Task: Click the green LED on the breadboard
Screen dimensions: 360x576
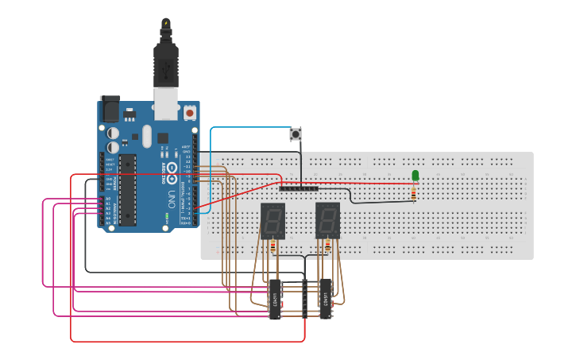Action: [415, 175]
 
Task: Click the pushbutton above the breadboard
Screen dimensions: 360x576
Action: [298, 134]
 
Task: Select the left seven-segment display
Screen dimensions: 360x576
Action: [273, 220]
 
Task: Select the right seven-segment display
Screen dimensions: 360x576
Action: [327, 220]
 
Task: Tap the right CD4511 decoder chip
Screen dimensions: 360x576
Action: [326, 300]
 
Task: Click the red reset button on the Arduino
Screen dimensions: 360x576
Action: [190, 113]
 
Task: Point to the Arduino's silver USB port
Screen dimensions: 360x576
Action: [166, 104]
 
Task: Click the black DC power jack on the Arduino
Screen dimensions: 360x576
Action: [109, 109]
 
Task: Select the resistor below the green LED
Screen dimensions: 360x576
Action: [414, 192]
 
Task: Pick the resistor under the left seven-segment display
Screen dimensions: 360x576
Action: [273, 247]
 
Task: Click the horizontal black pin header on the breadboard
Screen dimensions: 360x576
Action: [299, 188]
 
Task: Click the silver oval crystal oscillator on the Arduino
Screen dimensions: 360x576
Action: [145, 137]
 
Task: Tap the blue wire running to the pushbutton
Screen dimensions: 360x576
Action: [246, 127]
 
